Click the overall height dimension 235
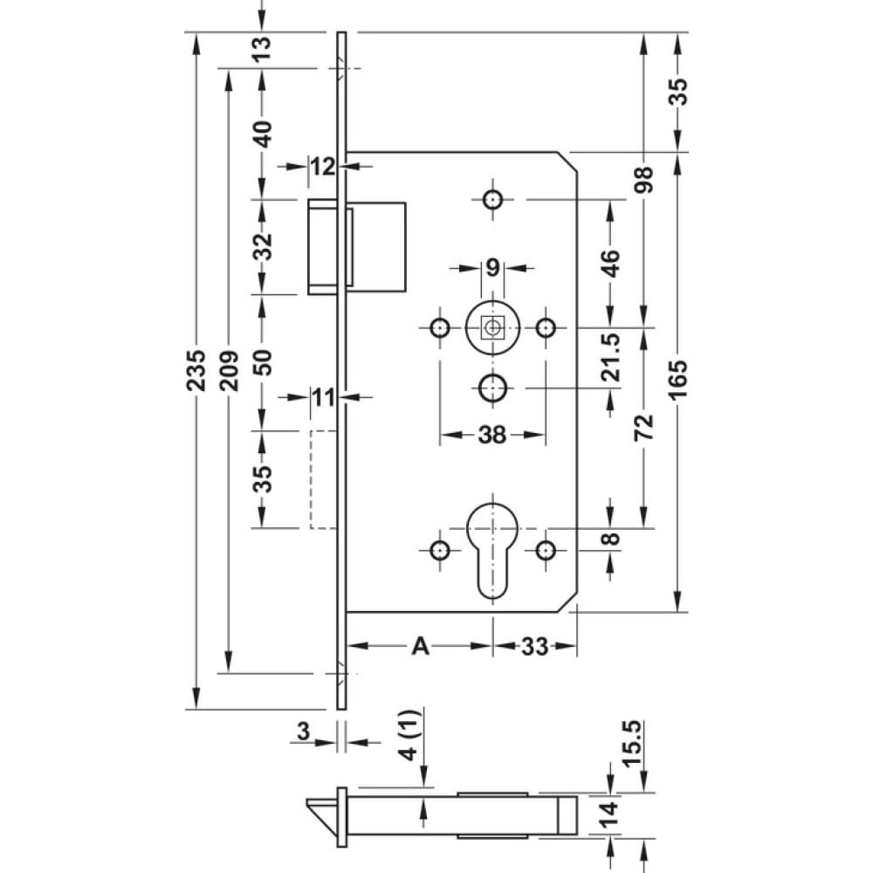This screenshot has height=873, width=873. (196, 370)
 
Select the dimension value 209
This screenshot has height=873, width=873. (229, 370)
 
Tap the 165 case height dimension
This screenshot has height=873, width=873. (678, 381)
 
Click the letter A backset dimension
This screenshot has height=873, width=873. (421, 646)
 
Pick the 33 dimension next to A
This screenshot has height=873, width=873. (534, 646)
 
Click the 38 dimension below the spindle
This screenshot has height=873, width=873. (492, 435)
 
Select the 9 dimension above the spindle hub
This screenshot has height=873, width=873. (492, 268)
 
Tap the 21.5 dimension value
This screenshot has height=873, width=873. (611, 357)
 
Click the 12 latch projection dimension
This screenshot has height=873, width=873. (323, 167)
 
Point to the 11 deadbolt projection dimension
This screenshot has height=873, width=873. (323, 398)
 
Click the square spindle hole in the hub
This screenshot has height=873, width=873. (492, 327)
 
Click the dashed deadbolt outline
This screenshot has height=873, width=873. (324, 479)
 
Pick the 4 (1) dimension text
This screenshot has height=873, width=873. (409, 735)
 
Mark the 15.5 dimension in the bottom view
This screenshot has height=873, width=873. (632, 744)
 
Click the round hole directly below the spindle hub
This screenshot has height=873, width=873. (492, 388)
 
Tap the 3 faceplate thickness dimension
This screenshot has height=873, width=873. (304, 731)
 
